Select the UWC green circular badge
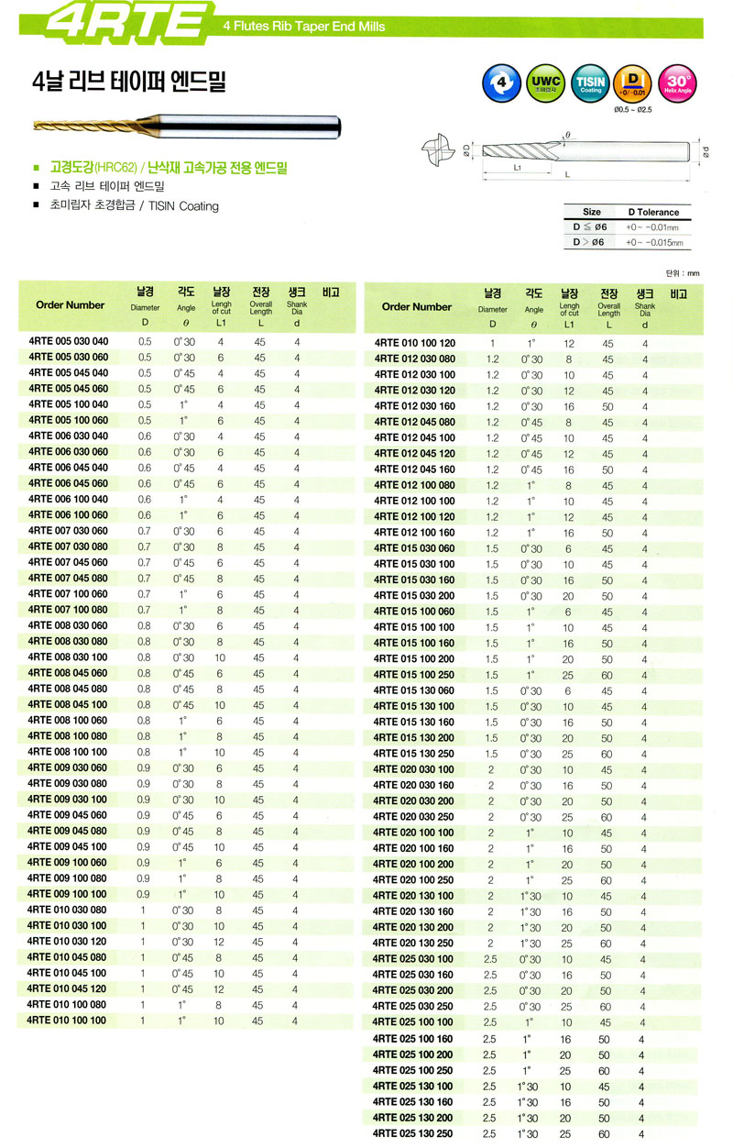tap(545, 84)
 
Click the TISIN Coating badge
tap(591, 84)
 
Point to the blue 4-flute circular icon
tap(500, 84)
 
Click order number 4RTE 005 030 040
tap(68, 342)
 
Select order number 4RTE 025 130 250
tap(413, 1134)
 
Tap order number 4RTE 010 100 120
tap(413, 343)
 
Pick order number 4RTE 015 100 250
tap(413, 675)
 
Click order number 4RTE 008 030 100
tap(68, 657)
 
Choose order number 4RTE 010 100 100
tap(68, 1021)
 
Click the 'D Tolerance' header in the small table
tap(653, 212)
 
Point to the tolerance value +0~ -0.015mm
tap(653, 242)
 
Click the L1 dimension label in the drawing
tap(518, 169)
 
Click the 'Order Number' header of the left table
tap(70, 304)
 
